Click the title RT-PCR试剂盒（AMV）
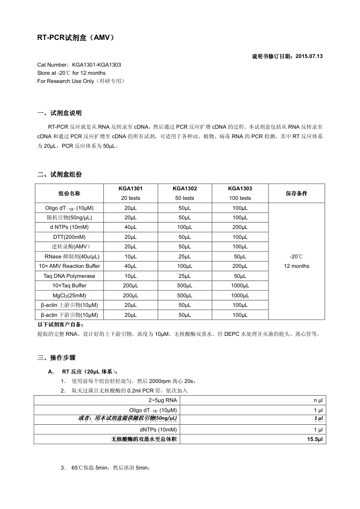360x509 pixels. click(x=75, y=39)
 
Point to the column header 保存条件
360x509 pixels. click(x=297, y=193)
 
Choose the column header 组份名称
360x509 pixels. click(x=69, y=193)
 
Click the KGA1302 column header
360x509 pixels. click(x=185, y=189)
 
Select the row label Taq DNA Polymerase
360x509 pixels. click(x=69, y=276)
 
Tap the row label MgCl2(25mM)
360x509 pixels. click(x=69, y=296)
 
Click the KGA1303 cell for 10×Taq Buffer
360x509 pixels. click(x=240, y=286)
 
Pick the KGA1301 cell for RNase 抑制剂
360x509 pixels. click(x=130, y=257)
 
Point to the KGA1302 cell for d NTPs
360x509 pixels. click(x=185, y=227)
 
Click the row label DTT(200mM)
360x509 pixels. click(x=69, y=237)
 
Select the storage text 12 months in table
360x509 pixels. click(x=297, y=266)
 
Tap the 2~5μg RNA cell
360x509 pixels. click(x=163, y=400)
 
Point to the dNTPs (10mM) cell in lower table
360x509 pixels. click(x=158, y=429)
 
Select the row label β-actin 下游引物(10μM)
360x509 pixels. click(x=69, y=315)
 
